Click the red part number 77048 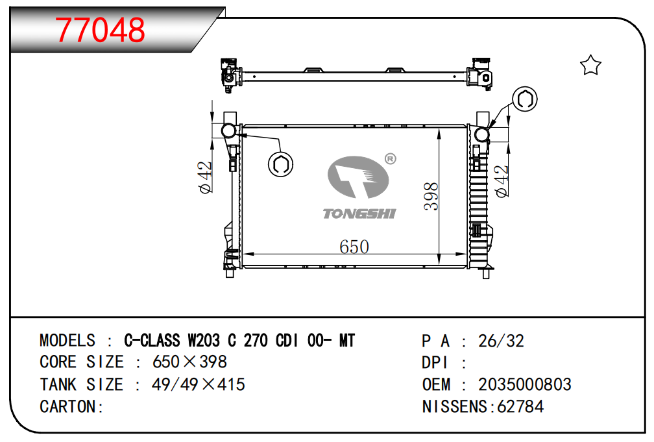tap(100, 30)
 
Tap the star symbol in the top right tap(590, 65)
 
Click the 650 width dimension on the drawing tap(354, 247)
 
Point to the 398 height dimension tap(431, 196)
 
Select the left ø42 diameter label tap(206, 177)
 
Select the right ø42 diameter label tap(502, 181)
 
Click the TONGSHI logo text tap(359, 214)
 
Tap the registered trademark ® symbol tap(391, 158)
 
